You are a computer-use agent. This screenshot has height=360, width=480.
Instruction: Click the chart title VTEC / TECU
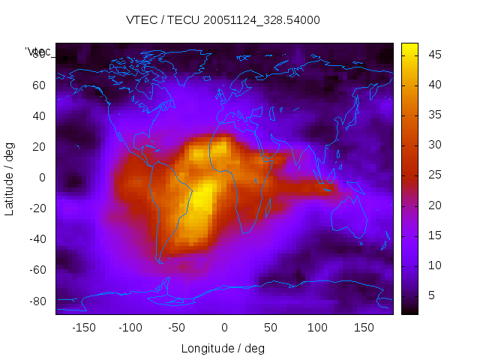click(x=223, y=20)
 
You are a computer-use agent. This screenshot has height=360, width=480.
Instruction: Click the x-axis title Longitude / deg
click(x=223, y=348)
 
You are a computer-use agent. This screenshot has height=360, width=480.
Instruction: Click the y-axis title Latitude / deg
click(x=10, y=178)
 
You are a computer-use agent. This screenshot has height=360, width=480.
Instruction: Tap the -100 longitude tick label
click(x=130, y=328)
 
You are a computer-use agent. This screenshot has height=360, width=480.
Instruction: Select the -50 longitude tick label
click(x=177, y=328)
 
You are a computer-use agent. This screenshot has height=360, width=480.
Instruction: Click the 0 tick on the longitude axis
click(x=224, y=328)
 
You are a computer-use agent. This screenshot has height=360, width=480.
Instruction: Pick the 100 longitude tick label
click(x=317, y=328)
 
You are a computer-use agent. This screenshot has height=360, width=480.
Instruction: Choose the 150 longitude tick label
click(x=364, y=328)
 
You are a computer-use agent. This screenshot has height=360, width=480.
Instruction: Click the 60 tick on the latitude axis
click(x=39, y=85)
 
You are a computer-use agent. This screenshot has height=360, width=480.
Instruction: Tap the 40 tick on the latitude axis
click(x=39, y=115)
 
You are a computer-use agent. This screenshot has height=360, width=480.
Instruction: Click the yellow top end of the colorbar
click(x=409, y=46)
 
